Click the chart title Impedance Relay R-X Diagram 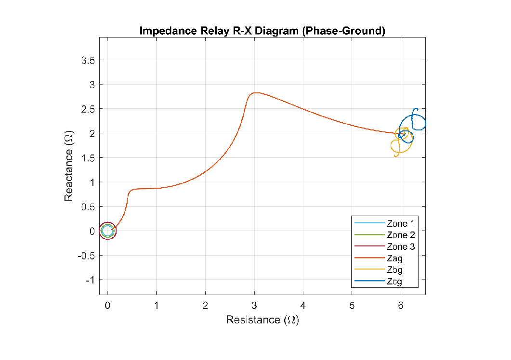(x=262, y=31)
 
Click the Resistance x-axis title (x=262, y=320)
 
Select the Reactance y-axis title (x=69, y=165)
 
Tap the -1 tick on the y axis (x=91, y=280)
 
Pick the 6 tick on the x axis (x=401, y=306)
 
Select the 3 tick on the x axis (x=254, y=306)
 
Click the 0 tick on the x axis (x=108, y=306)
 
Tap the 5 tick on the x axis (x=352, y=306)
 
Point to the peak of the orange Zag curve (x=255, y=92)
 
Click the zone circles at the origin (x=108, y=231)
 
